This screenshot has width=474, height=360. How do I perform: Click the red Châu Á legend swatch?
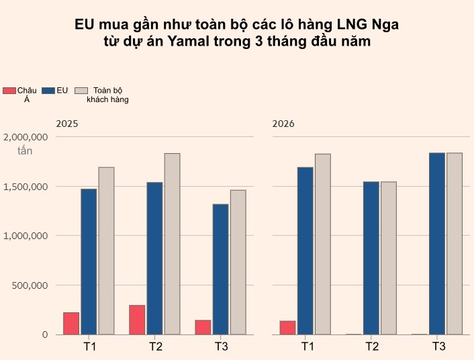[9, 91]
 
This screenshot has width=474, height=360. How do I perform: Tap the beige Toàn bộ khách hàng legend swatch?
[81, 91]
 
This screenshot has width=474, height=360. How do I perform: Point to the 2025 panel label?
[67, 124]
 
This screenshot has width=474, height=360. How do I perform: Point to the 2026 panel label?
[283, 124]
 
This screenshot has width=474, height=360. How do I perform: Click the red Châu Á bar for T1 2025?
[71, 323]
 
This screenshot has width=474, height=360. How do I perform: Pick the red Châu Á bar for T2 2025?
[137, 320]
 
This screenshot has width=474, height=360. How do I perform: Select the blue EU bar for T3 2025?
[220, 269]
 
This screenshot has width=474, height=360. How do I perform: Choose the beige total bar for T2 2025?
[172, 244]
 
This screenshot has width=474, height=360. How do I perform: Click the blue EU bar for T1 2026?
[305, 251]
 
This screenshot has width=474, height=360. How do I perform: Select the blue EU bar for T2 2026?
[371, 258]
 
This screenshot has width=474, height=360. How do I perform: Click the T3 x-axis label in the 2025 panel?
[221, 347]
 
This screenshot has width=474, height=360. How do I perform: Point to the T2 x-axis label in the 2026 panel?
[372, 347]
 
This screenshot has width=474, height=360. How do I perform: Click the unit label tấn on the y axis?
[25, 150]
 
